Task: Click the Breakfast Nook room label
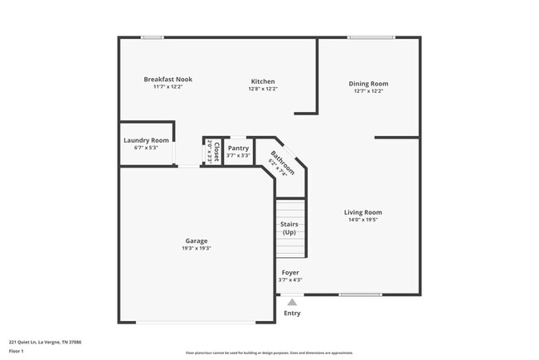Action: point(168,80)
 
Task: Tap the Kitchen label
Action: point(263,81)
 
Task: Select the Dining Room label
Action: point(368,84)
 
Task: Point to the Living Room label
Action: point(362,212)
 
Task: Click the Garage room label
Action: point(197,241)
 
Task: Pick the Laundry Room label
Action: point(146,140)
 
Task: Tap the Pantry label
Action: point(238,148)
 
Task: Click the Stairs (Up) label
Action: point(289,228)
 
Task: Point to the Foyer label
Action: point(290,272)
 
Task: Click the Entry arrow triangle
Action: point(292,303)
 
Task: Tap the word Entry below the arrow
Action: point(292,314)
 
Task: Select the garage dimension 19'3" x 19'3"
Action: point(197,249)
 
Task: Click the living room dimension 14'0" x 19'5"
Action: point(362,220)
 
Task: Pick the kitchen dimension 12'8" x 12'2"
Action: point(263,89)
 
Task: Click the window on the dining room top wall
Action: point(371,37)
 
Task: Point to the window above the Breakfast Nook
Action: point(152,37)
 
